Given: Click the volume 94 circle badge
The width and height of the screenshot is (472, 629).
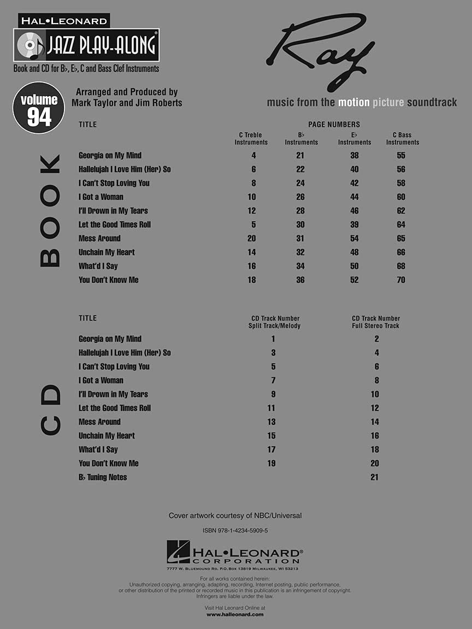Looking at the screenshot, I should (39, 108).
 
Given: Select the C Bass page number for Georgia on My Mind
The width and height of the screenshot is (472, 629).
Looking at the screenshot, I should (402, 156).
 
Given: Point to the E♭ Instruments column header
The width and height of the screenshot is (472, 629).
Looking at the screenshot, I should (355, 139).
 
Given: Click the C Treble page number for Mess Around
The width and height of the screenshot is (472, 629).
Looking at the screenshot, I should (251, 239).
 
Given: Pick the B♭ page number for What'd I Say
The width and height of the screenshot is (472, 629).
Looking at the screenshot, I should (300, 266).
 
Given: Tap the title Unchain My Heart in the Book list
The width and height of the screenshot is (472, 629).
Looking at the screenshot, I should (107, 252).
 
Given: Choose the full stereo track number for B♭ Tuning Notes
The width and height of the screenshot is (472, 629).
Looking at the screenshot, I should (374, 477).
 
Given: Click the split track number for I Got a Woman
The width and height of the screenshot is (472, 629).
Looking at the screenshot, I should (273, 381).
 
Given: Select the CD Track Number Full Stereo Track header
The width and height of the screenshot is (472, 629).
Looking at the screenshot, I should (376, 322).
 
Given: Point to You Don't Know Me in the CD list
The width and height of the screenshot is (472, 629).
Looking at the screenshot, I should (109, 464).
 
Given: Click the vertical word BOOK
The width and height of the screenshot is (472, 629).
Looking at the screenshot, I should (50, 211).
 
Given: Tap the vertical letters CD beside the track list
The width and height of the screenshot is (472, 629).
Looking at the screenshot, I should (50, 410).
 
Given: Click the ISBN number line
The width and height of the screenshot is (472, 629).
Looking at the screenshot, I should (235, 531).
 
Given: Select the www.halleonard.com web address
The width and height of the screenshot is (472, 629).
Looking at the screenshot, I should (235, 614).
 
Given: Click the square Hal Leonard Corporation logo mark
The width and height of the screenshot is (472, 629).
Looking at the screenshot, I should (178, 551).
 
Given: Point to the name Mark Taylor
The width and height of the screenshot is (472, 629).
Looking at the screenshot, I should (93, 103).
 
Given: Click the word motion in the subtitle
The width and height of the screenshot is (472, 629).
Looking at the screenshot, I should (354, 103).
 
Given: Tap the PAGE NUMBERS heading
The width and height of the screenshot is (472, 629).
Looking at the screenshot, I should (334, 124).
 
